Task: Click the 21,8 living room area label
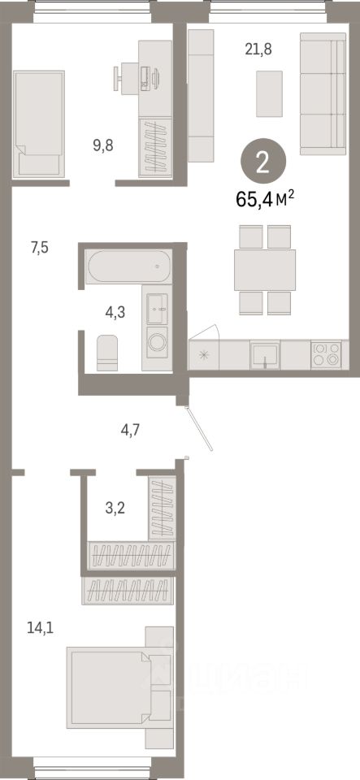pos(258,49)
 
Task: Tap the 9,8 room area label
pos(103,146)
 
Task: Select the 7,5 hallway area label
pos(40,249)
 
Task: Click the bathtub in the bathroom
pos(128,266)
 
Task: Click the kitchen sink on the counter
pos(265,353)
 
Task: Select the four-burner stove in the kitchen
pos(327,353)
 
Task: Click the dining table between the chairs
pos(264,270)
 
